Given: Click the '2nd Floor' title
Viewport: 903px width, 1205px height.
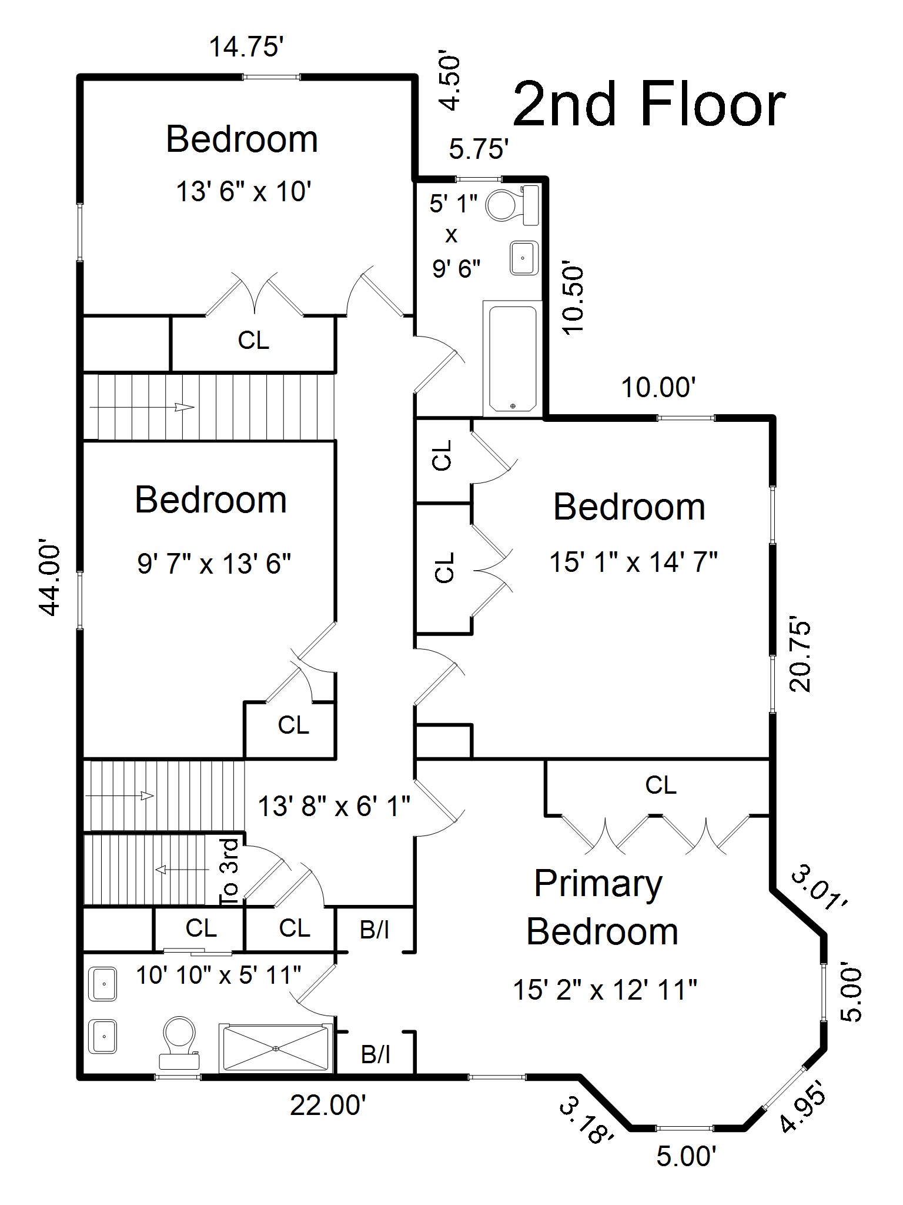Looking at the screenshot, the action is click(x=650, y=105).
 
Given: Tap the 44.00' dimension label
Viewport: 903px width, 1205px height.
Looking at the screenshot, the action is click(x=51, y=580).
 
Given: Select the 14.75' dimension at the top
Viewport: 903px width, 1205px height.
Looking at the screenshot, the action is click(x=247, y=47).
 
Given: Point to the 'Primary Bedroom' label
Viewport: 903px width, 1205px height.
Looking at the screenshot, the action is click(x=601, y=908).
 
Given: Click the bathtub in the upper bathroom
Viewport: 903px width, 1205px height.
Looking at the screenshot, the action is click(x=511, y=358).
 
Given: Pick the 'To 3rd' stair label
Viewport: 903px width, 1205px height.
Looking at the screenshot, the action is click(x=229, y=872).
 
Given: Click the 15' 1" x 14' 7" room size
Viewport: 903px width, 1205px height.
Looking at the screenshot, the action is click(x=633, y=562).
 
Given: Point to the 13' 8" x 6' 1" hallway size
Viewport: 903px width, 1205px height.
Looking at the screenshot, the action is click(x=334, y=806).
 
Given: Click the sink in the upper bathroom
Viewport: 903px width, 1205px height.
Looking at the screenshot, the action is click(x=524, y=258).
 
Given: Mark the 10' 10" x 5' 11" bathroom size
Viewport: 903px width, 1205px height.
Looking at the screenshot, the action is click(x=218, y=976).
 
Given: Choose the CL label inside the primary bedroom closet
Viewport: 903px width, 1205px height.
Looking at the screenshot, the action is click(x=661, y=785).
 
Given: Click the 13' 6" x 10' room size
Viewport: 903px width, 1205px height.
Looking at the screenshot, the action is click(x=243, y=191).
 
